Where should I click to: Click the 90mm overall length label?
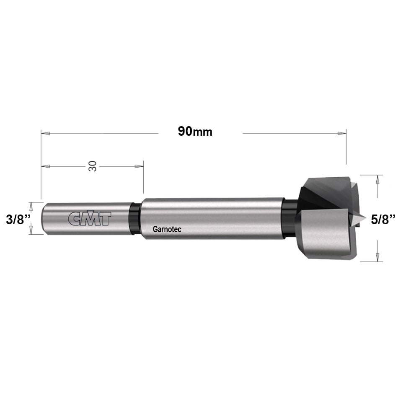[x=195, y=132]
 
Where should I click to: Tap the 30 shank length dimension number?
[x=93, y=166]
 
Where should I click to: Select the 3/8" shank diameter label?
[x=18, y=220]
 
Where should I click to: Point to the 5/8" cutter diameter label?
[x=383, y=220]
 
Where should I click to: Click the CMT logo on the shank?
[x=90, y=219]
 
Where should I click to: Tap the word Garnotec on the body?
[x=167, y=229]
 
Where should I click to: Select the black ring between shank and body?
[x=134, y=219]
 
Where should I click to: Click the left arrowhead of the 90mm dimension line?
[x=45, y=133]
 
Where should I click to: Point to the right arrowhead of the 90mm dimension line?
[x=342, y=133]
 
